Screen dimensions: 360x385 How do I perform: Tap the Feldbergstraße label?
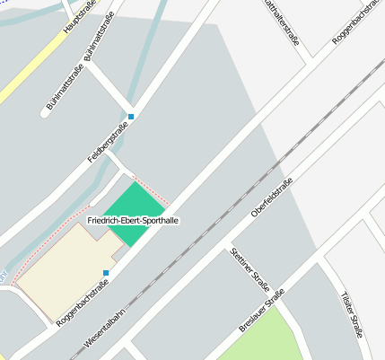[x=108, y=143]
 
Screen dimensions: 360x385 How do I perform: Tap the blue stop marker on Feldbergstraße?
[x=131, y=117]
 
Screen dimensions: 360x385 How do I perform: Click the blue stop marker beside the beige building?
[x=106, y=273]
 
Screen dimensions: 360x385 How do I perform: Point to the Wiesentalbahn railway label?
[x=107, y=328]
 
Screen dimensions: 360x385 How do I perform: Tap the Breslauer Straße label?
[x=261, y=311]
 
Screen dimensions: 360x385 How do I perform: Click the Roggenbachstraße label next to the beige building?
[x=82, y=301]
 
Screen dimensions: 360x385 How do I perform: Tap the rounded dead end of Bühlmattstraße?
[x=48, y=113]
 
